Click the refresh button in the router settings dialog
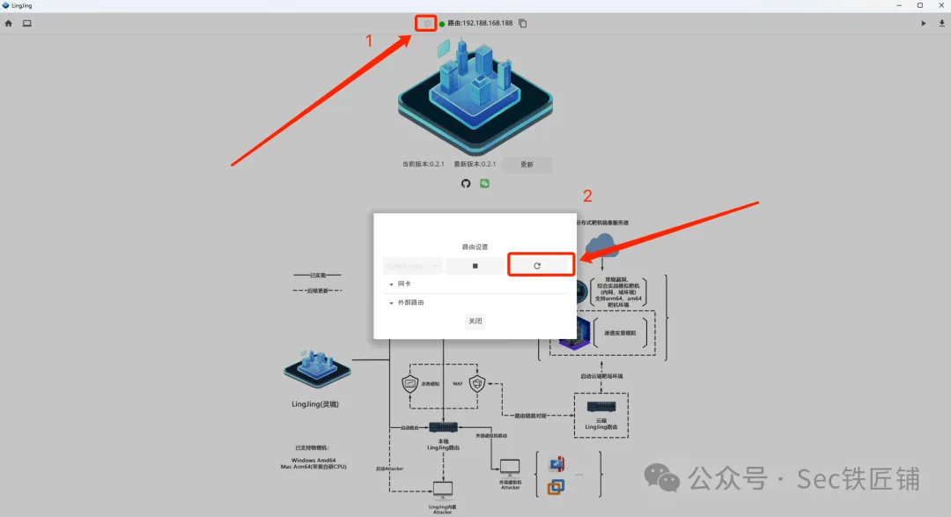537,265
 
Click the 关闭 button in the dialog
475,321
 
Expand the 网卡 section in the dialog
391,284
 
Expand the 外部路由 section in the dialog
391,303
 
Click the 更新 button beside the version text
527,165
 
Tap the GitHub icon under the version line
466,183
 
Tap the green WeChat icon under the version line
484,183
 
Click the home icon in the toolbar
9,24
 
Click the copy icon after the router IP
523,24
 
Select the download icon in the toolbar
940,24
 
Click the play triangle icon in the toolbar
924,24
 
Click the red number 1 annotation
369,41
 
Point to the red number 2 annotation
588,196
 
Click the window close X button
939,5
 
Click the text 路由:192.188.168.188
480,24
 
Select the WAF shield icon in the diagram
477,384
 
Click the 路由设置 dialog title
475,247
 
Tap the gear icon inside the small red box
427,24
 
